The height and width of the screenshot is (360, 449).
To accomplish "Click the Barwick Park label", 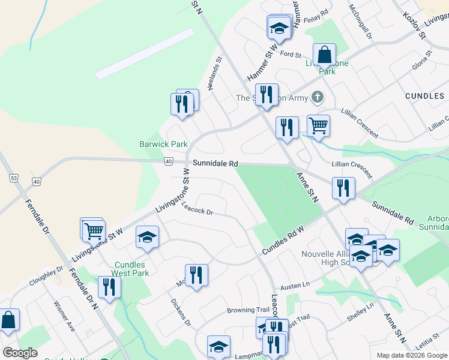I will click(x=163, y=144).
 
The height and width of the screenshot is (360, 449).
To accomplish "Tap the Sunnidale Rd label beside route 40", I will click(x=215, y=163).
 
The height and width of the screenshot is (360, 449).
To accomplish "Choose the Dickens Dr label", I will click(x=180, y=313).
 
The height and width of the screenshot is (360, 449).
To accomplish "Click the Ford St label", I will click(x=290, y=54).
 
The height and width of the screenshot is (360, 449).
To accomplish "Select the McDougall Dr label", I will click(x=361, y=22).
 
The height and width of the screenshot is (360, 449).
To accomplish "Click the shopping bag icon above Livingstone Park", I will click(x=324, y=55).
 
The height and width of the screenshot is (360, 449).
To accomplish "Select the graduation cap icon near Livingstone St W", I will click(x=146, y=238).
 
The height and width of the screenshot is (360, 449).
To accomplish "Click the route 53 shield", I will click(x=13, y=178).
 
